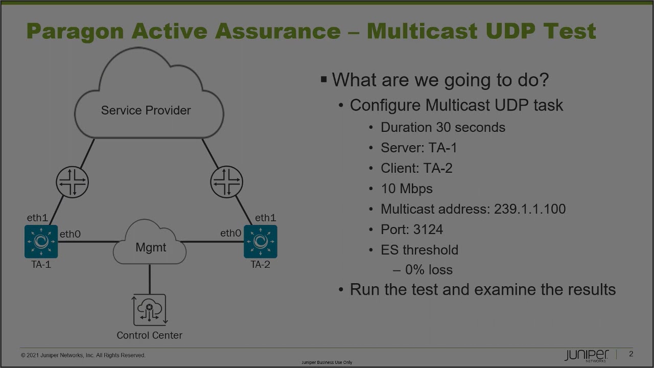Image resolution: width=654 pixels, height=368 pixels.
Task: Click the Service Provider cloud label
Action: (x=146, y=110)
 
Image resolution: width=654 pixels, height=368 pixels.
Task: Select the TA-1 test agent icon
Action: (x=41, y=241)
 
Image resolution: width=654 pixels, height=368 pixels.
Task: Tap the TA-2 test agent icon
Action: (x=261, y=241)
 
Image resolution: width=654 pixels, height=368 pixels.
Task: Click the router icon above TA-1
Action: (x=72, y=182)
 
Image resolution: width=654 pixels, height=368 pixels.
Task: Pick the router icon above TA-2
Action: (x=226, y=182)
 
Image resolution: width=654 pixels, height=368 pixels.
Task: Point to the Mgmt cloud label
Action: (x=151, y=247)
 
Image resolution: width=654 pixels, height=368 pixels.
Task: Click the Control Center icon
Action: (x=150, y=310)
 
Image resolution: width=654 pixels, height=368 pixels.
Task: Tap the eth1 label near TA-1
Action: (x=37, y=218)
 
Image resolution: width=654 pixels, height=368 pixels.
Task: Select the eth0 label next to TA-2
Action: (x=230, y=234)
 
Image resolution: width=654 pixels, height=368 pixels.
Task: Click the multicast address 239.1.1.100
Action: (x=529, y=209)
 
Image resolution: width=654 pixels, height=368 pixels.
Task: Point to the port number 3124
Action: (x=428, y=229)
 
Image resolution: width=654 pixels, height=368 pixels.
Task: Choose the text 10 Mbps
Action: (x=407, y=189)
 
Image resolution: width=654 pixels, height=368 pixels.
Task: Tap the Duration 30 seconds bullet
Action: (x=442, y=127)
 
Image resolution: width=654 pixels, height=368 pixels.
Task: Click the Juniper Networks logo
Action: (x=587, y=355)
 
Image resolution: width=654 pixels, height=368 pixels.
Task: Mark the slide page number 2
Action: (x=631, y=354)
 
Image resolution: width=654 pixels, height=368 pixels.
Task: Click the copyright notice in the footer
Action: (x=83, y=355)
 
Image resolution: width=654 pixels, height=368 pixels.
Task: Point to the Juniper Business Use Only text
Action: (x=326, y=362)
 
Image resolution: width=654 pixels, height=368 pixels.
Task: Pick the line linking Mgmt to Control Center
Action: (x=150, y=279)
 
